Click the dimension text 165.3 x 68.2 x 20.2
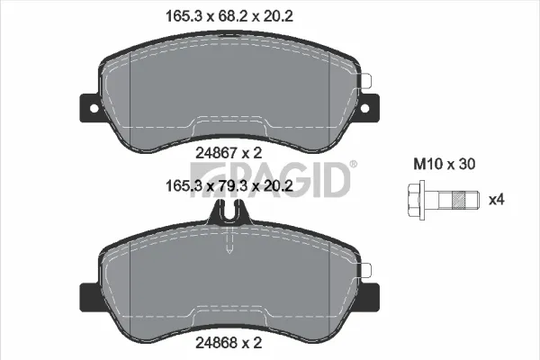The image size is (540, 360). (x=229, y=16)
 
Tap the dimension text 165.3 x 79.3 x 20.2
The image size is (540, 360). (x=229, y=186)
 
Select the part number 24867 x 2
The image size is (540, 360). (x=229, y=153)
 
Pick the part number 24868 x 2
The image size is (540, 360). (x=229, y=343)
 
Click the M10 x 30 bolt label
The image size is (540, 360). (x=445, y=164)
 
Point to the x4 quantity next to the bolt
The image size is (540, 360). (x=497, y=200)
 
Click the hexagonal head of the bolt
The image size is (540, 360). (x=417, y=200)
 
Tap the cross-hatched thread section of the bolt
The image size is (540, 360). (x=458, y=200)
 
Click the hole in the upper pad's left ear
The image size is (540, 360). (x=94, y=108)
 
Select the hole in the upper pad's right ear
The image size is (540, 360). (x=365, y=108)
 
